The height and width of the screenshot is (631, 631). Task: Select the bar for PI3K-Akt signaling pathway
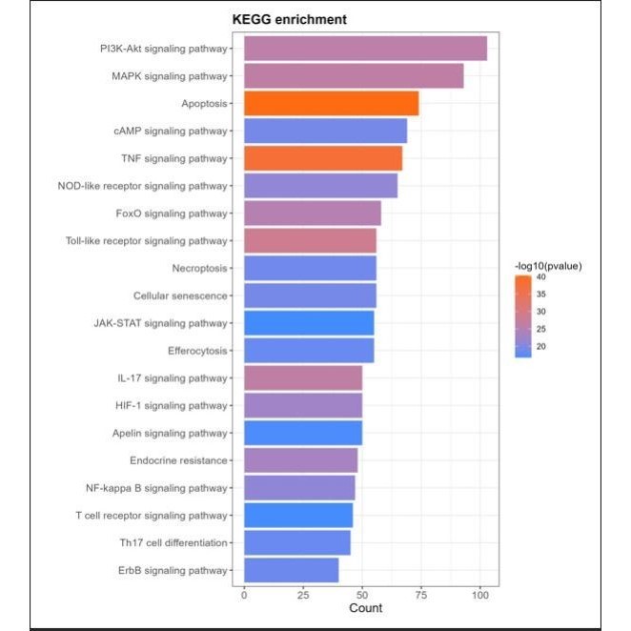[x=365, y=49]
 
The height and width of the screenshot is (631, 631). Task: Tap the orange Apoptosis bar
[x=331, y=103]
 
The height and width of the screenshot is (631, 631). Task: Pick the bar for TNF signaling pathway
[x=323, y=158]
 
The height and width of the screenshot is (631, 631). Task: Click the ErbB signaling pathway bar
[x=292, y=570]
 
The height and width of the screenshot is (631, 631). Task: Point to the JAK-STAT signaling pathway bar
[x=309, y=323]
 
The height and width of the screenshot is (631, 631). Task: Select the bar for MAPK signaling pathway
[x=354, y=75]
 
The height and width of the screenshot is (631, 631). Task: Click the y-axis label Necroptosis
[x=199, y=268]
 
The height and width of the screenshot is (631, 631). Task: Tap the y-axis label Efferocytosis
[x=197, y=351]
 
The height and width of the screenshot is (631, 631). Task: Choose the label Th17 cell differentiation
[x=173, y=542]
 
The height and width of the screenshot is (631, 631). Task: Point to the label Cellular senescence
[x=180, y=295]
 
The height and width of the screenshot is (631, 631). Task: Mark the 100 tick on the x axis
[x=479, y=596]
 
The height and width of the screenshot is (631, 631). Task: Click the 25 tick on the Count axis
[x=303, y=596]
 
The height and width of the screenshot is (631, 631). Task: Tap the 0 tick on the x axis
[x=244, y=596]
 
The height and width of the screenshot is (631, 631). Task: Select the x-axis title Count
[x=365, y=609]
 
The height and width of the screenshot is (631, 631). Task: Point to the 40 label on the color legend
[x=540, y=277]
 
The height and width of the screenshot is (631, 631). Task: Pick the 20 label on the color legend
[x=540, y=346]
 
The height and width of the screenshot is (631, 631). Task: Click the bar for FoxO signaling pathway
[x=313, y=214]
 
